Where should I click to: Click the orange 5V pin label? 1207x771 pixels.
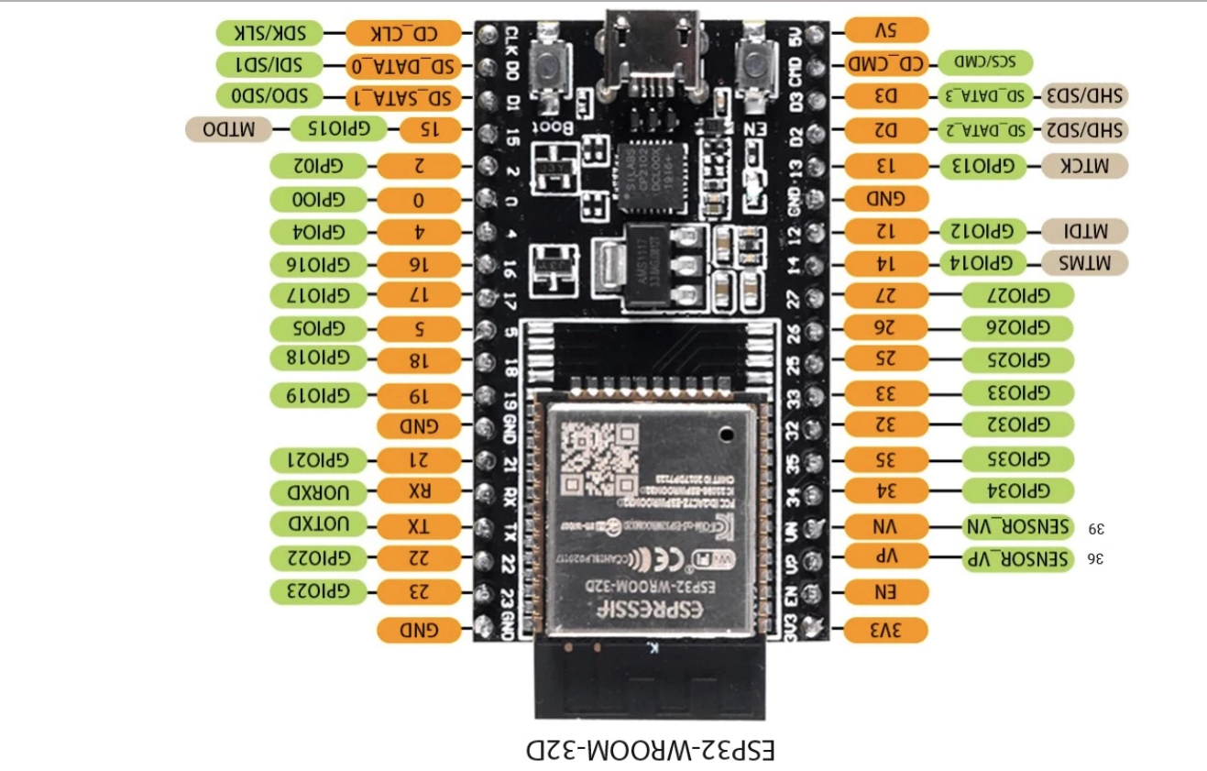coord(886,30)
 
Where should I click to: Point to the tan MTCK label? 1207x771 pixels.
coord(1084,165)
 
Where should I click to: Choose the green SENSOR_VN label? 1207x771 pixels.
coord(1017,526)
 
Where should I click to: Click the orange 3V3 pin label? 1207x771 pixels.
coord(886,630)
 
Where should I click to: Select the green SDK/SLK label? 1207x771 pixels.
coord(269,33)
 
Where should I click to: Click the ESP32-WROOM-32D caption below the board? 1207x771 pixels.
coord(651,749)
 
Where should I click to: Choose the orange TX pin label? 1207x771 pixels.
coord(419,526)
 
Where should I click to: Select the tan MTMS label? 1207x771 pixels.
coord(1084,263)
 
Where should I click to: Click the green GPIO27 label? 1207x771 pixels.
coord(1017,295)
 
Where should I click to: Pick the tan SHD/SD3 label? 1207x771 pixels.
coord(1084,95)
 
